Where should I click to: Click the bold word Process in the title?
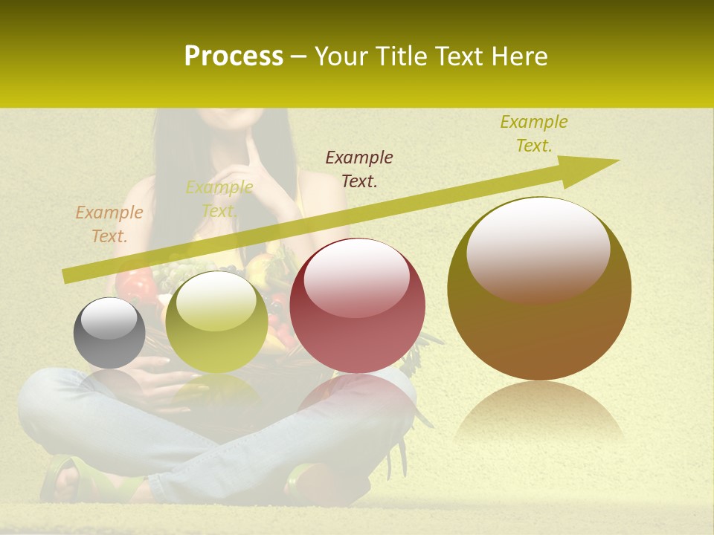(234, 56)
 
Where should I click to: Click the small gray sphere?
(109, 333)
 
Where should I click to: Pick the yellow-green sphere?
(216, 322)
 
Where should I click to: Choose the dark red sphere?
(357, 305)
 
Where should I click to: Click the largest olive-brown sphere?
(539, 288)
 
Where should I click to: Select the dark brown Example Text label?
(359, 169)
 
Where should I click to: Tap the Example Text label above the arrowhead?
(533, 133)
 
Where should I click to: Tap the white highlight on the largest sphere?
(538, 249)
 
